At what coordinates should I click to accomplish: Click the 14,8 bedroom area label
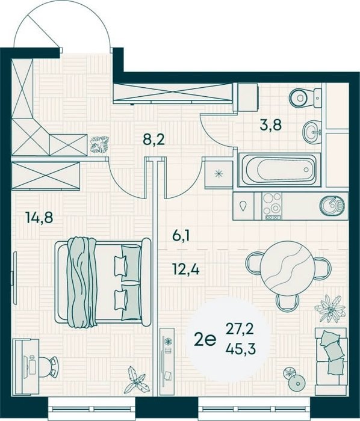pos(39,217)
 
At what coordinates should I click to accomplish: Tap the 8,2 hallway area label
pos(154,140)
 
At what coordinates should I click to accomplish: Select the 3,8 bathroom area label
pos(270,125)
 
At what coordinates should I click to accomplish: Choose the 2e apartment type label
pos(205,340)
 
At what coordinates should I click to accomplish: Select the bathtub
pos(280,170)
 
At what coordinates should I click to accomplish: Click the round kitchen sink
pos(332,205)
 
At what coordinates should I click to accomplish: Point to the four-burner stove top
pos(272,206)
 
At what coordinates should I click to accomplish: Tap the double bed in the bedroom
pos(103,281)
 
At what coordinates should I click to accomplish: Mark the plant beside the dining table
pos(329,309)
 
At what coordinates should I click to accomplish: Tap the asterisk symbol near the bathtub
pos(219,174)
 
